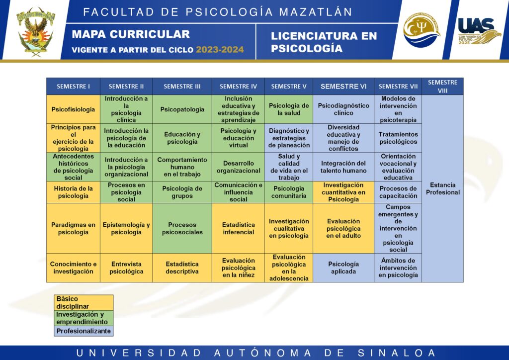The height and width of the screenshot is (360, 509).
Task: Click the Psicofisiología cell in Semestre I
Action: [73, 109]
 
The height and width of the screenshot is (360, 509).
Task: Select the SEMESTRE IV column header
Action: [238, 87]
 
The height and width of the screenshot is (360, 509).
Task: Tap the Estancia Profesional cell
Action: [442, 188]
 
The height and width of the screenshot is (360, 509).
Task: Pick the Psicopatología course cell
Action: [182, 109]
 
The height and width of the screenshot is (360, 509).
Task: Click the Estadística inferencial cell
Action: [238, 228]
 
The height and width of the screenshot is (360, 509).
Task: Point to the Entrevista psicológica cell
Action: [126, 268]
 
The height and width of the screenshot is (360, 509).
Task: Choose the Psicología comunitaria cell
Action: [289, 192]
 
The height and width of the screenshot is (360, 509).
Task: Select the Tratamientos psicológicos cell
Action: [398, 138]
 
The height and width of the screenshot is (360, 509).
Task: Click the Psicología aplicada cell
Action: [343, 268]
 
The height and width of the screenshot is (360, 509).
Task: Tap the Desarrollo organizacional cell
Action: [238, 167]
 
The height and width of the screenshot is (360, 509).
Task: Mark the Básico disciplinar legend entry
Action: [84, 302]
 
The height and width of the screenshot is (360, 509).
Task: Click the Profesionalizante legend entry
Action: [84, 331]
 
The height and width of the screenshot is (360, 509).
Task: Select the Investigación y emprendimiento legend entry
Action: [84, 318]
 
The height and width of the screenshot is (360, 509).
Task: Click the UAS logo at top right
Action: [479, 31]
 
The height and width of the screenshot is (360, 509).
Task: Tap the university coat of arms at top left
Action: [36, 30]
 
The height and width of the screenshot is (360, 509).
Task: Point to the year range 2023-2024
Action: [220, 50]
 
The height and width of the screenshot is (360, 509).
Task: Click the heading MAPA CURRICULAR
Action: [131, 34]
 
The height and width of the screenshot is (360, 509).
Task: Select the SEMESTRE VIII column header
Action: [442, 87]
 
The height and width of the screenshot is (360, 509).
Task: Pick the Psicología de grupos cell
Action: [182, 192]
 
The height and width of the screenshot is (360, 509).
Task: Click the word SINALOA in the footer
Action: [397, 353]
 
